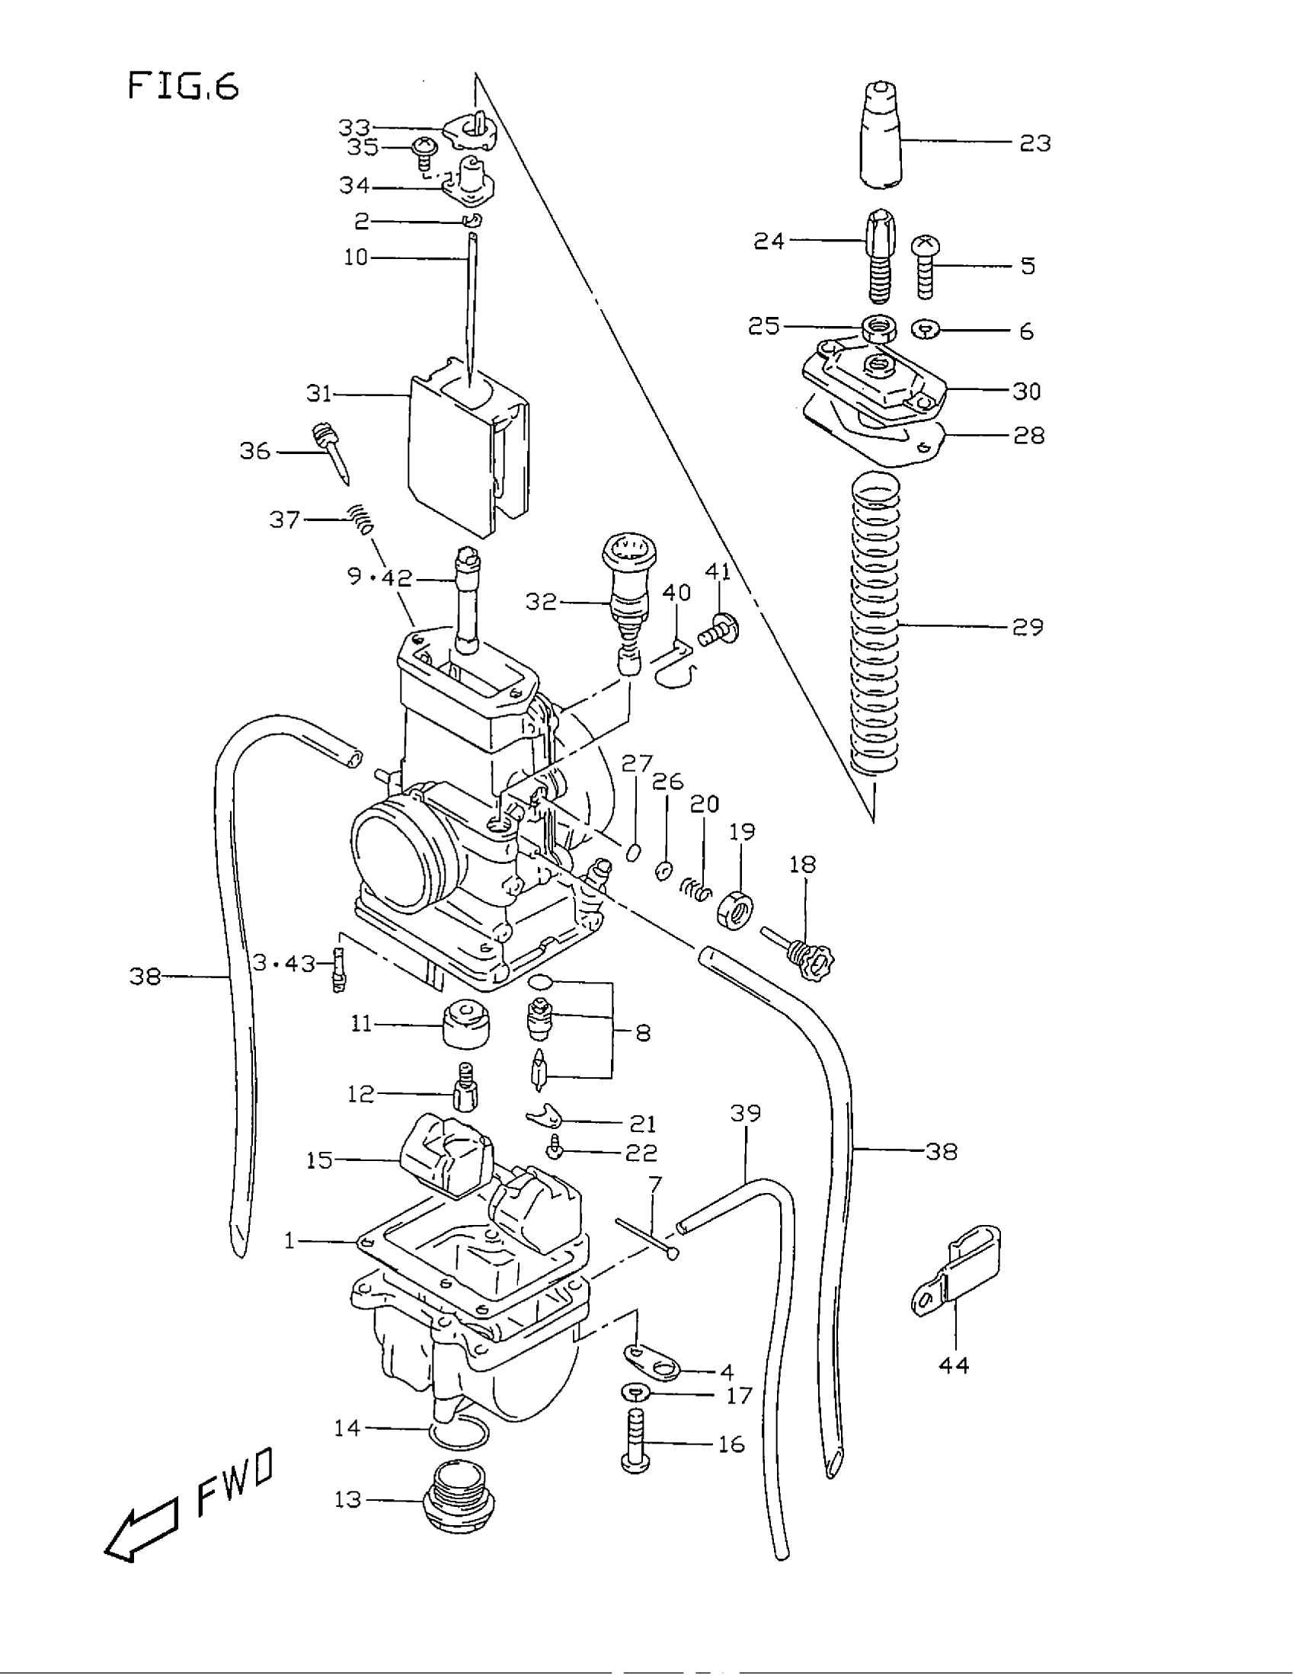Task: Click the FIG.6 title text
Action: [183, 85]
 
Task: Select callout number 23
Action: [1034, 143]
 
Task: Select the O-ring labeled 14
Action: [458, 1433]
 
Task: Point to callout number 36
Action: [254, 451]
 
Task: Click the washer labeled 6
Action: [926, 330]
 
